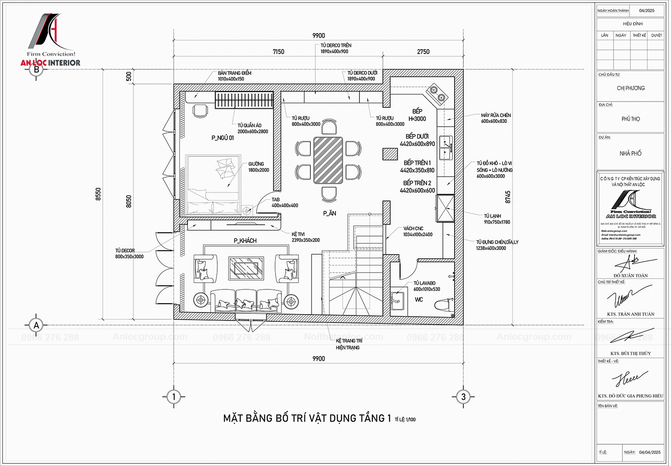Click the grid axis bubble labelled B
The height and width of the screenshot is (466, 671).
pyautogui.click(x=36, y=70)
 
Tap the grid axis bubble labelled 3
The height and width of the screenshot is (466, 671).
pyautogui.click(x=463, y=396)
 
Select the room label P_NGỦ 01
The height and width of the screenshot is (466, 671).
pyautogui.click(x=223, y=138)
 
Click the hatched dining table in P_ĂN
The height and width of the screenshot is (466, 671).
pyautogui.click(x=328, y=160)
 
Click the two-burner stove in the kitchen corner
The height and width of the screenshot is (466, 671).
pyautogui.click(x=437, y=94)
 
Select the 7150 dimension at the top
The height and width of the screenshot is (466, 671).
pyautogui.click(x=278, y=52)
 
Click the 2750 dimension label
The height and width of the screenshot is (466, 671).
pyautogui.click(x=423, y=52)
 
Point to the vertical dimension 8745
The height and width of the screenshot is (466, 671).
pyautogui.click(x=508, y=197)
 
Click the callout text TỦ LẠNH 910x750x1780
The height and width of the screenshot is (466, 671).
pyautogui.click(x=497, y=219)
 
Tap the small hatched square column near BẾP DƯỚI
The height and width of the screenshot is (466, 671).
pyautogui.click(x=390, y=154)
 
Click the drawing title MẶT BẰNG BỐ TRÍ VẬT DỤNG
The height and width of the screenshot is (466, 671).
pyautogui.click(x=307, y=418)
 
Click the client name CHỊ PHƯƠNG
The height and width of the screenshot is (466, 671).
pyautogui.click(x=630, y=88)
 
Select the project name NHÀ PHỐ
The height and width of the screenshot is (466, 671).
pyautogui.click(x=630, y=154)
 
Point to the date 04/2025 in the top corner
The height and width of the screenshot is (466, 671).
pyautogui.click(x=646, y=10)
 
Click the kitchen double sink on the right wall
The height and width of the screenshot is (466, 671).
pyautogui.click(x=445, y=148)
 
